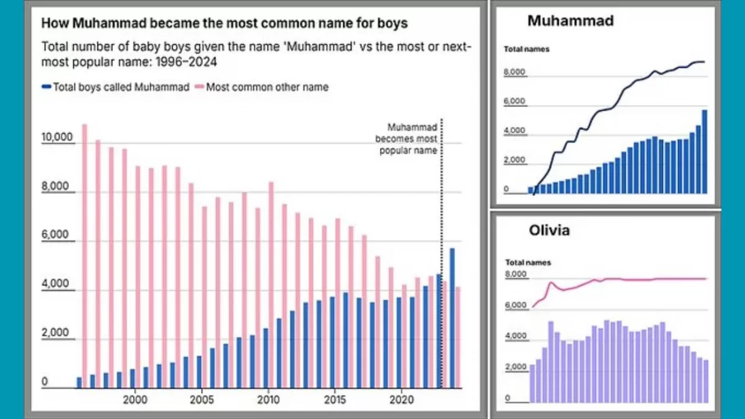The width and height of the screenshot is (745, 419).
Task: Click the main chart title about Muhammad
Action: click(x=224, y=23)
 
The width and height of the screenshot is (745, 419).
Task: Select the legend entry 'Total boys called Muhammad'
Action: click(x=115, y=87)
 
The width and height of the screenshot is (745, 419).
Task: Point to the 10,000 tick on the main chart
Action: click(x=57, y=138)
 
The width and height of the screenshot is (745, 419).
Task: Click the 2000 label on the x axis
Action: click(x=135, y=399)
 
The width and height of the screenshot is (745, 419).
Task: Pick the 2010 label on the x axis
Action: click(x=268, y=399)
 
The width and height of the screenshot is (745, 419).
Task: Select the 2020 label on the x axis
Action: click(x=402, y=399)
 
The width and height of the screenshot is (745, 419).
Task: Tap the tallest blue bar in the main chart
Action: click(x=452, y=318)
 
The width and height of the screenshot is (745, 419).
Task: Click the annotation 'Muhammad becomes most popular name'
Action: click(x=406, y=138)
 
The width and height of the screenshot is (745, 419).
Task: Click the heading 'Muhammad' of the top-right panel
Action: click(x=570, y=21)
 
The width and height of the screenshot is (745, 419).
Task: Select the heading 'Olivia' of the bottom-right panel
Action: click(x=549, y=231)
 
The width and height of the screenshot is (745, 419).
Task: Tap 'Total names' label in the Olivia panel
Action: click(x=528, y=262)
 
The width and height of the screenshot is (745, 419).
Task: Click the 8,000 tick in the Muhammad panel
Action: click(x=515, y=72)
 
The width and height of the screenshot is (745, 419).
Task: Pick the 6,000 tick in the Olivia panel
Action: click(x=516, y=306)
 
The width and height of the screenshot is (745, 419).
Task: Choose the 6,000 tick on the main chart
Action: click(x=57, y=236)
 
